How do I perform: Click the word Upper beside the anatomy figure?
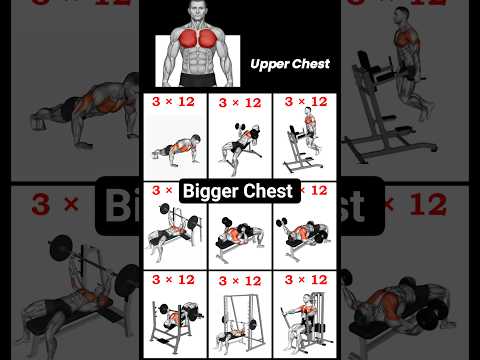(269, 64)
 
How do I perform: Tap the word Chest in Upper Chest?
(310, 63)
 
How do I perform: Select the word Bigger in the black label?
(211, 192)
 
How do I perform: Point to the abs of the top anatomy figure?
(197, 61)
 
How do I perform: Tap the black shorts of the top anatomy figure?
(197, 80)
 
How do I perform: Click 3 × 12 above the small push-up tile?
(173, 101)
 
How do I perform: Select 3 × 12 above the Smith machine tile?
(240, 281)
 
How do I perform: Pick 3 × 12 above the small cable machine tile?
(306, 279)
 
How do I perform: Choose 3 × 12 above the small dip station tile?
(306, 101)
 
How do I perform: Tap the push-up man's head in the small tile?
(196, 139)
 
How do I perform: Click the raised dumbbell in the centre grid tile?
(227, 222)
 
